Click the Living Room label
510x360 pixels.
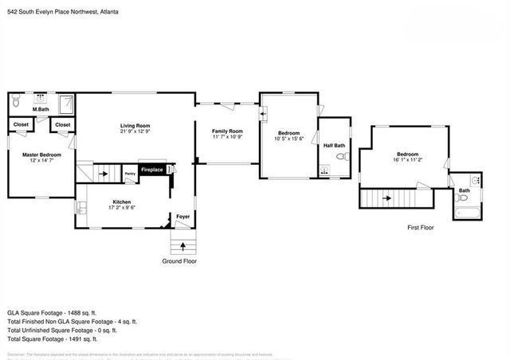tap(135, 126)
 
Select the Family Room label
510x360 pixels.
tap(226, 131)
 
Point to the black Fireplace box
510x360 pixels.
tap(152, 170)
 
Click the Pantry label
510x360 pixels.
tap(130, 173)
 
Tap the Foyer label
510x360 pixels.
tap(182, 215)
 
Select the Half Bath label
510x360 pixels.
tap(334, 146)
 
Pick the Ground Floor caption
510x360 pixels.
tap(179, 261)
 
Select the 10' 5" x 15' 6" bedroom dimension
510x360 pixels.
tap(288, 139)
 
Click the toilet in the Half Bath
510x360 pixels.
tap(342, 158)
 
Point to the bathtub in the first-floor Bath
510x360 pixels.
tap(465, 211)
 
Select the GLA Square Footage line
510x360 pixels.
tap(51, 312)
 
